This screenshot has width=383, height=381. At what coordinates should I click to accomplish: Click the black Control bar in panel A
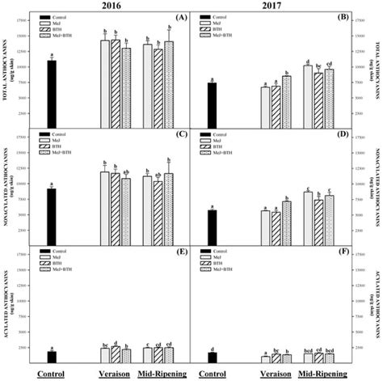tap(52, 89)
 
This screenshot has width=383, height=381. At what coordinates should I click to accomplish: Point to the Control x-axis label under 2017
tap(212, 374)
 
